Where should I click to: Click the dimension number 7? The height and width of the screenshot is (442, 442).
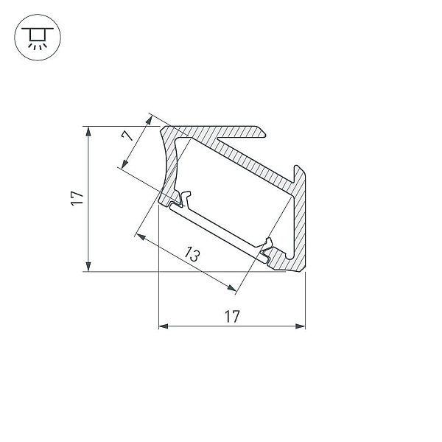(127, 136)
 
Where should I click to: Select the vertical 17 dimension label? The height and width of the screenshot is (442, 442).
(77, 198)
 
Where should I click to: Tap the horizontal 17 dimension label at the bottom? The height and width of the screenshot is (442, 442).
(232, 316)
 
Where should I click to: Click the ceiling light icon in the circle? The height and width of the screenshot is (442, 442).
(38, 38)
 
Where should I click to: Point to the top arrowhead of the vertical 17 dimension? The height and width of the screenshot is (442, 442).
(88, 131)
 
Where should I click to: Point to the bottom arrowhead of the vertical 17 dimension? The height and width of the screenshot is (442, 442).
(88, 267)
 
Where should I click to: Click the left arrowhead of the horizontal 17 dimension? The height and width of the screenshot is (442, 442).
(164, 326)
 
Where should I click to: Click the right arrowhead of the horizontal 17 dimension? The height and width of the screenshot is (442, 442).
(301, 326)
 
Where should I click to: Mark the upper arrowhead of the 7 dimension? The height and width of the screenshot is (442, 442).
(149, 120)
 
